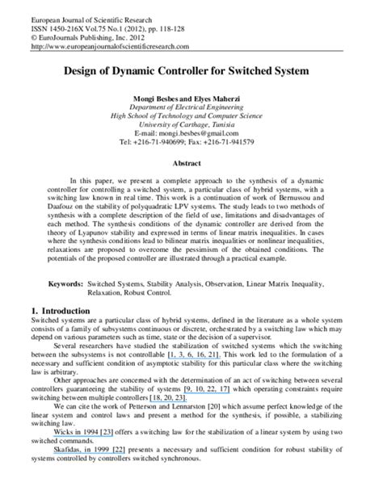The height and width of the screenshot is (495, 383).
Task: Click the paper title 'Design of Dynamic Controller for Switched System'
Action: click(x=191, y=72)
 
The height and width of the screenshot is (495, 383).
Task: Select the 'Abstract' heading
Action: click(x=191, y=162)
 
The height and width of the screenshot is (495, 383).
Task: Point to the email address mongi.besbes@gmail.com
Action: click(x=191, y=132)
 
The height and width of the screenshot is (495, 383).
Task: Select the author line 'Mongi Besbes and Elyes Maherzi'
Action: click(x=191, y=98)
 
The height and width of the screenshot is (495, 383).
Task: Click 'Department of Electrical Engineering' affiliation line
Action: click(x=191, y=107)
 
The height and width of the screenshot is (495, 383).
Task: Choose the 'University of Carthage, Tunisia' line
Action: click(x=191, y=124)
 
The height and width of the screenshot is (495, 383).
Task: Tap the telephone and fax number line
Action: click(x=191, y=141)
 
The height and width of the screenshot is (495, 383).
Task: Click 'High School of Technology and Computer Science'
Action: click(x=191, y=115)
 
